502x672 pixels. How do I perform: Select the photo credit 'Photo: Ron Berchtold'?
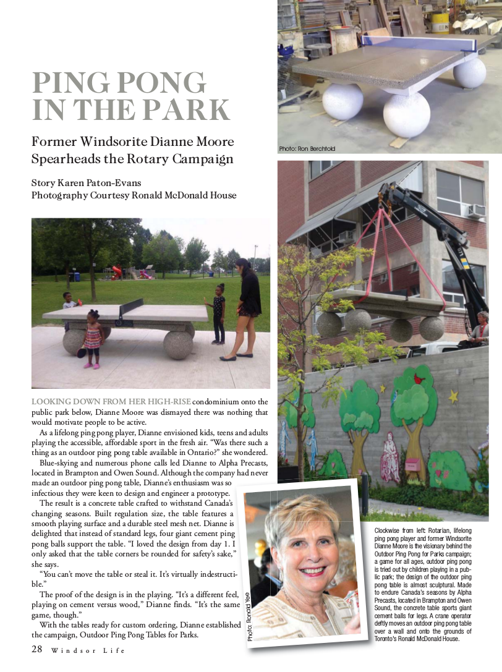coord(307,148)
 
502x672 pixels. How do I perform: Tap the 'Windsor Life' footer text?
coord(88,650)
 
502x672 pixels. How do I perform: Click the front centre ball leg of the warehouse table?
coord(406,114)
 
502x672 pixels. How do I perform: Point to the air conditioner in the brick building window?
coord(475,211)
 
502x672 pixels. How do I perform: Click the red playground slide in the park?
coord(116,271)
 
